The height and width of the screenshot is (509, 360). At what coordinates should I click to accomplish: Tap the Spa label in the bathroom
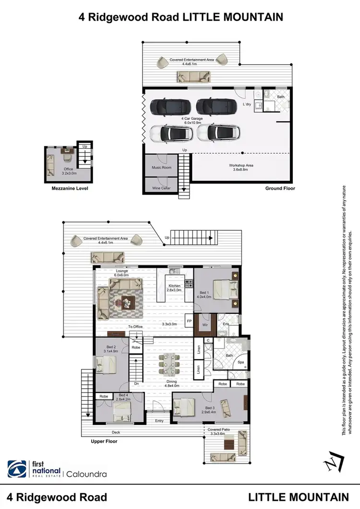click(241, 362)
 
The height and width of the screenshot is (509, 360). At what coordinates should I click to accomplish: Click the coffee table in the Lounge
click(126, 302)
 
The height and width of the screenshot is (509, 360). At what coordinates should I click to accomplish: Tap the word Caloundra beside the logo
click(87, 474)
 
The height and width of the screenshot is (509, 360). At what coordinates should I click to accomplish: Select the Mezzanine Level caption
click(70, 189)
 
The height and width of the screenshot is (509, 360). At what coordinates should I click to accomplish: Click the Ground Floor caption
click(280, 189)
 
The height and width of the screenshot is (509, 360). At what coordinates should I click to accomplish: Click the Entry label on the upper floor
click(159, 421)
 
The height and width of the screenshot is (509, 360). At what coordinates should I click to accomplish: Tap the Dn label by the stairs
click(137, 384)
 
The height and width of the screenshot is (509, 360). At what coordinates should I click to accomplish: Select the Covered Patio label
click(218, 429)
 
